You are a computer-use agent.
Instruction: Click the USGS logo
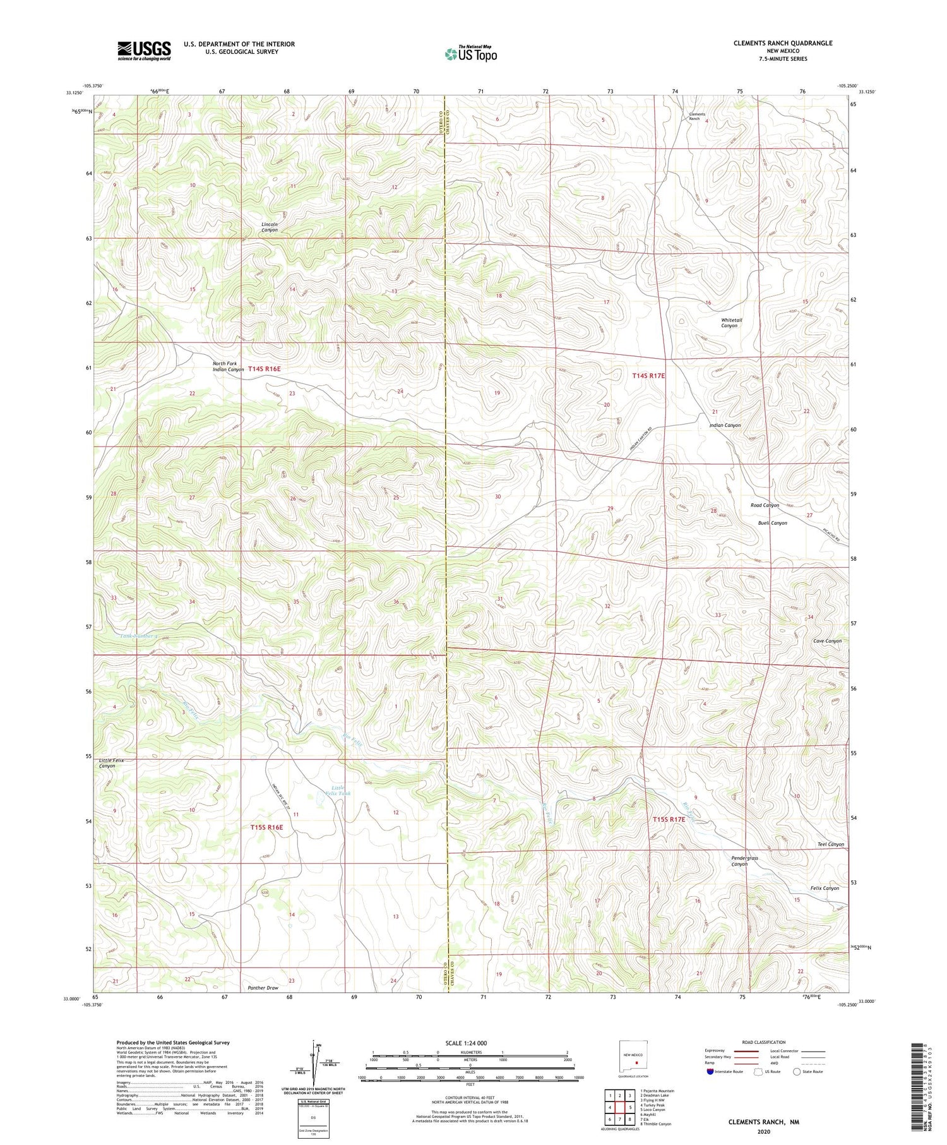coord(144,51)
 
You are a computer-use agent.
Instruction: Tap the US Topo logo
coord(470,54)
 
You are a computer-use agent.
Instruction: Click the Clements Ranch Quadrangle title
coord(782,43)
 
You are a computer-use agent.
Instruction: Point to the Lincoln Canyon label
coord(270,227)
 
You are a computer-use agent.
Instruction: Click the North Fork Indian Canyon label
coord(229,366)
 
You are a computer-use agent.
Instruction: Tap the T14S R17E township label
coord(649,376)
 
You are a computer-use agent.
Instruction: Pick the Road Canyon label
coord(765,505)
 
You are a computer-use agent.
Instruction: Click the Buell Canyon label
coord(772,523)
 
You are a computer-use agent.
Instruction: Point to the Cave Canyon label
coord(827,641)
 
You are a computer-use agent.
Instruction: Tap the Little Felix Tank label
coord(337,790)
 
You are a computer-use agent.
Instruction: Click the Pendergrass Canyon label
coord(744,861)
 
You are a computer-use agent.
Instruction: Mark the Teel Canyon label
coord(830,844)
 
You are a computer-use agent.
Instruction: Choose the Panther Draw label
coord(263,988)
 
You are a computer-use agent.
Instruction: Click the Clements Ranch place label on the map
coord(696,116)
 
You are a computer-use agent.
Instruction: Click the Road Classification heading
coord(764,1042)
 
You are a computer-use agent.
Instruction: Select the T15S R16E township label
coord(266,827)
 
